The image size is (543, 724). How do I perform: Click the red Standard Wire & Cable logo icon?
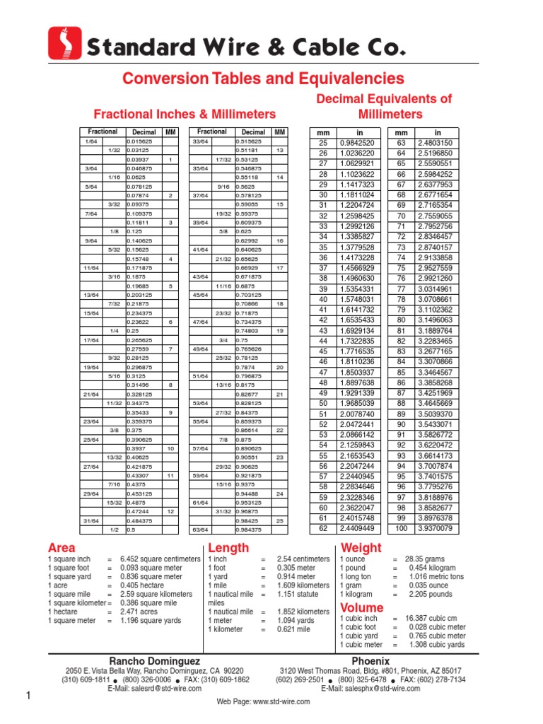click(64, 43)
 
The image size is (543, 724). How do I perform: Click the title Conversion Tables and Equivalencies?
click(263, 78)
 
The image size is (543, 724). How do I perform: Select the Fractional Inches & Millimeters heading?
click(185, 114)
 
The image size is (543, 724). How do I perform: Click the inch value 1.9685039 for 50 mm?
click(357, 403)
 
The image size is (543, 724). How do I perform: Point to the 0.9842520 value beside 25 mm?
click(357, 143)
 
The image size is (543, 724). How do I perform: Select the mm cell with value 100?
click(401, 527)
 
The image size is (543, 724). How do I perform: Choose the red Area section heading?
click(62, 548)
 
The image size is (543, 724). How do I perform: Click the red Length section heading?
click(228, 548)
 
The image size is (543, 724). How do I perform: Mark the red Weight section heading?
click(361, 548)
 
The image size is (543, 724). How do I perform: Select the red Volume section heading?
click(362, 607)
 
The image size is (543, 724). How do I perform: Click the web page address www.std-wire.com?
click(263, 701)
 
